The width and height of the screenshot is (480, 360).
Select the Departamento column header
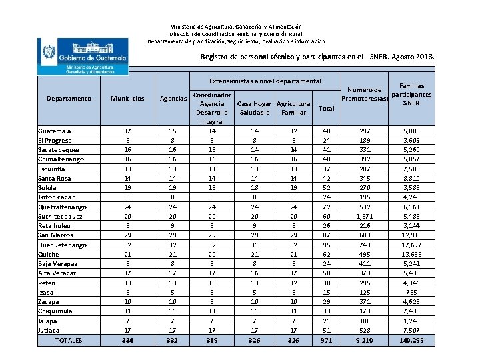[69, 99]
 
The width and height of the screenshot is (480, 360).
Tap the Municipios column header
[127, 99]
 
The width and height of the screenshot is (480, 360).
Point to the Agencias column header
[173, 99]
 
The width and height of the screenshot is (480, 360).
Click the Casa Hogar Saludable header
[253, 108]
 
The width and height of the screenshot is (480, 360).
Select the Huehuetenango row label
[62, 245]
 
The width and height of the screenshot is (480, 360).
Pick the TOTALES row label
[69, 340]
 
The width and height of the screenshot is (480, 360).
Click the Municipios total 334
[127, 340]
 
